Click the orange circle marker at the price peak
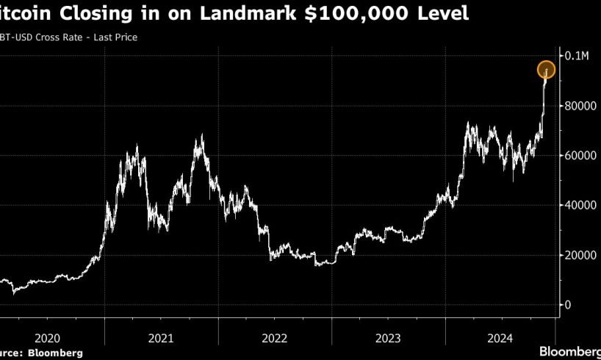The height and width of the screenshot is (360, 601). [546, 71]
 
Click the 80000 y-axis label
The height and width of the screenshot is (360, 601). [578, 106]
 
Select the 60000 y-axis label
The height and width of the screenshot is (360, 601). [578, 156]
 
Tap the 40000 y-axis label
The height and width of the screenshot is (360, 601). [578, 206]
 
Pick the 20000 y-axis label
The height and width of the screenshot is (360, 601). [578, 255]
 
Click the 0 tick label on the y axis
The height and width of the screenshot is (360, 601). [567, 305]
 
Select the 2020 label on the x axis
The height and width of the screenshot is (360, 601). [47, 339]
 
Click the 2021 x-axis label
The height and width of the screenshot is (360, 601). [161, 339]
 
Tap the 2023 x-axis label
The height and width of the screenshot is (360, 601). [389, 339]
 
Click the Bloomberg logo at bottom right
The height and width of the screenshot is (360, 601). [569, 351]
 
